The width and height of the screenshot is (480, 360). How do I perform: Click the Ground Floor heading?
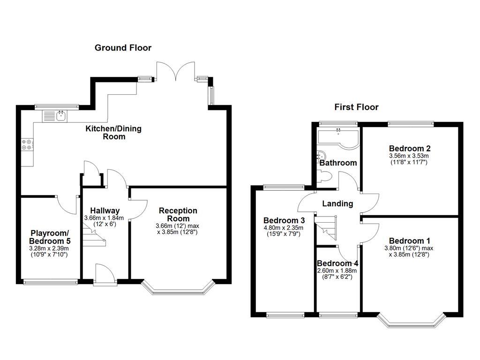123,47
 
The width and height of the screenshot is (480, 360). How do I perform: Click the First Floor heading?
356,107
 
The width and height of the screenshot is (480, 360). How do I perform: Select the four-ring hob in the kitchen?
27,145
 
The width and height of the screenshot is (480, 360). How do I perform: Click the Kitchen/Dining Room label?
113,133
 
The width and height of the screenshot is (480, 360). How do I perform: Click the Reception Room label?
178,215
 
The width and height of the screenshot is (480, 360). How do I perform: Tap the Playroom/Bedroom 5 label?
50,237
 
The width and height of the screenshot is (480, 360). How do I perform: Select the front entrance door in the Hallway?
102,274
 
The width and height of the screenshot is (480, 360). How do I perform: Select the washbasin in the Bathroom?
322,156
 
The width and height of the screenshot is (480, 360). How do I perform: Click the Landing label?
337,203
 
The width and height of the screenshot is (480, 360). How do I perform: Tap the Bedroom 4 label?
337,263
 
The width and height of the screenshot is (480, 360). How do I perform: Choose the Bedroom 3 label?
284,220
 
